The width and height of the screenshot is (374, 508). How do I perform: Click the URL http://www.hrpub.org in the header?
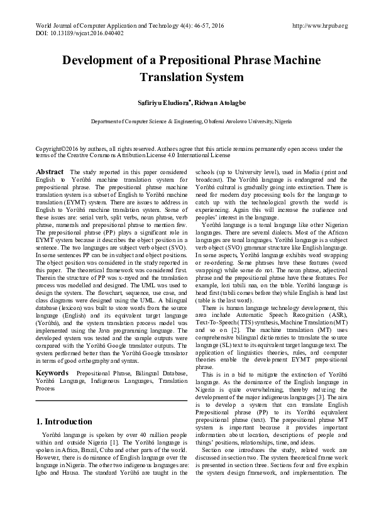pyautogui.click(x=320, y=26)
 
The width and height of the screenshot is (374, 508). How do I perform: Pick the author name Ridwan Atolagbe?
pyautogui.click(x=211, y=102)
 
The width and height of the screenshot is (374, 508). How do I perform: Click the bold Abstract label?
pyautogui.click(x=50, y=172)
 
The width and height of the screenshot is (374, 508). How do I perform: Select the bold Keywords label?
pyautogui.click(x=53, y=373)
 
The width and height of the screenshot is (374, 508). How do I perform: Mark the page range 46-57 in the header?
pyautogui.click(x=185, y=26)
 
